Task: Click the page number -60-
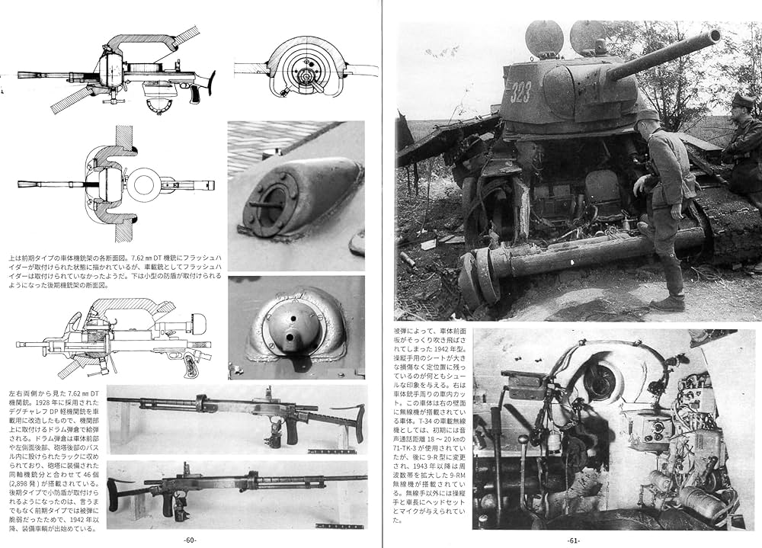point(190,540)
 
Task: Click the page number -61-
point(574,540)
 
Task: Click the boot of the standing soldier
point(668,303)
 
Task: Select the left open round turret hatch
point(544,38)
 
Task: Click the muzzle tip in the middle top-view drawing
point(21,184)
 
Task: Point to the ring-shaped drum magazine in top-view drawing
point(146,184)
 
